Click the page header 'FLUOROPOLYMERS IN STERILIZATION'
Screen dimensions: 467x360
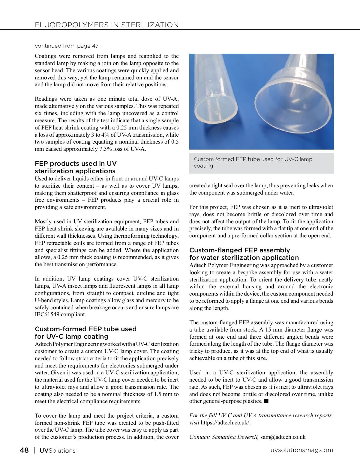point(106,25)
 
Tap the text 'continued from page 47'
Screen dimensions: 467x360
point(67,46)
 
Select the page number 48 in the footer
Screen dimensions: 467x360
point(24,450)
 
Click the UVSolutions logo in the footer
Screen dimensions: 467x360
point(57,451)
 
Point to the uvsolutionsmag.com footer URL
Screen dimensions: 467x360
point(302,450)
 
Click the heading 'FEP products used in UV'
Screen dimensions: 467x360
point(76,164)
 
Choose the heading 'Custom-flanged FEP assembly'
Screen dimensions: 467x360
point(239,250)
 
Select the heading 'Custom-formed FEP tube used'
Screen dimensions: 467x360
point(85,329)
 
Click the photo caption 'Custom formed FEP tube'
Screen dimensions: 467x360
point(253,159)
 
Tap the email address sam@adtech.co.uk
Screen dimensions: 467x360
point(283,437)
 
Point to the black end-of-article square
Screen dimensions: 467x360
point(266,401)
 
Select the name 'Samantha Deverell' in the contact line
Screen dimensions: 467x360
point(235,437)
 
